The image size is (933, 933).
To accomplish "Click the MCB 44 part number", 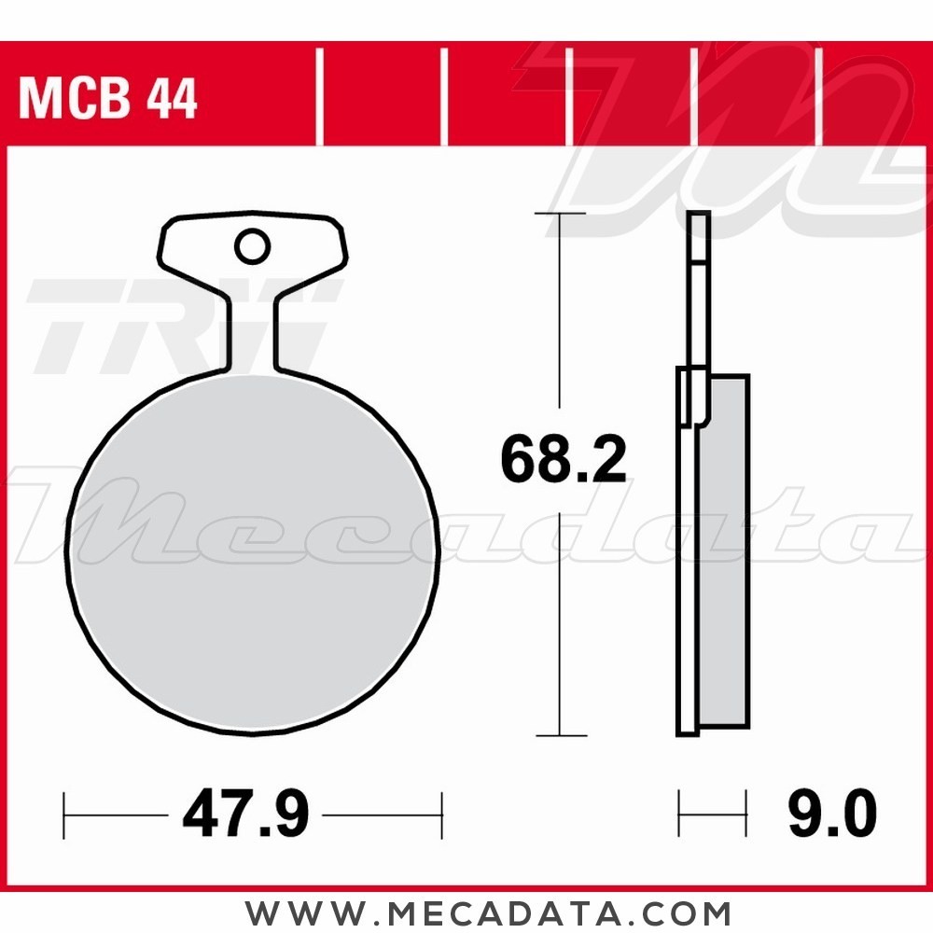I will tap(107, 100).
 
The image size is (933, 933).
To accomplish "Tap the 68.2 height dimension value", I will tap(563, 460).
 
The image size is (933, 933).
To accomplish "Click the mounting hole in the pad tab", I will tap(251, 247).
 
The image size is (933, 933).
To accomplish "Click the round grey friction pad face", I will tap(252, 550).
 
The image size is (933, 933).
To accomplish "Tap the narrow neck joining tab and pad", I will tap(252, 331).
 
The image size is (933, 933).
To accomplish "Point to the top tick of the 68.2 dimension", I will tap(560, 214).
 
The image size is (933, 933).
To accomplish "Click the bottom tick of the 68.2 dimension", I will tap(560, 735).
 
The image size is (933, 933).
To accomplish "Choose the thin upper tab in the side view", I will tap(699, 289).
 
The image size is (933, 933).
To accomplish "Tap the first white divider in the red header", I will tap(319, 98).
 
